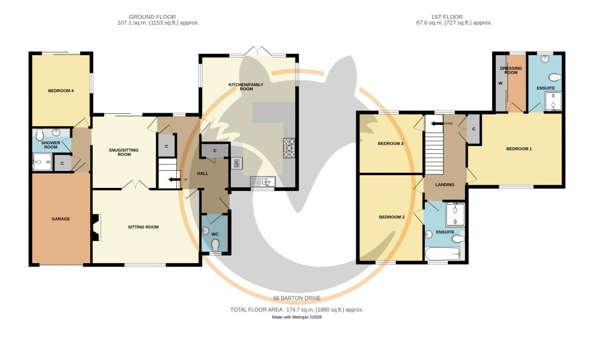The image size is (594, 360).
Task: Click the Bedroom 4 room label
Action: point(61,91)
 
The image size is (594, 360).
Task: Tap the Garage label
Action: point(61,219)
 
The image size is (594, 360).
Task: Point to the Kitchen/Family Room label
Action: point(245,86)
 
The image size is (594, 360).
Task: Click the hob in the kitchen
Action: point(289,148)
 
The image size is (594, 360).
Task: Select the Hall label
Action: point(202,174)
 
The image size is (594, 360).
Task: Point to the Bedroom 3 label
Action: point(390,144)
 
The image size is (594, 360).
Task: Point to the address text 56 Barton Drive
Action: point(296,298)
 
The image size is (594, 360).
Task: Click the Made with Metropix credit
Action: point(297,317)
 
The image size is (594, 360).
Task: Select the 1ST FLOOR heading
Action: point(449,16)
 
